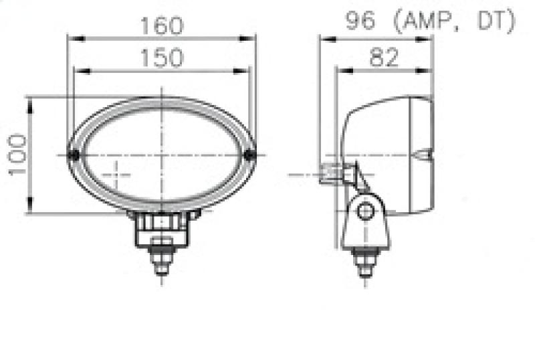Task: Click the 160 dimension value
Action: [x=161, y=25]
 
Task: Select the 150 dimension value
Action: [x=161, y=58]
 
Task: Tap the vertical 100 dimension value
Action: [x=17, y=154]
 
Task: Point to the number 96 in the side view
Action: [x=360, y=23]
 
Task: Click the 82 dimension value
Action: [x=383, y=58]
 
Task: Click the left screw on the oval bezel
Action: [x=75, y=155]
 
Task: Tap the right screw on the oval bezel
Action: [x=250, y=155]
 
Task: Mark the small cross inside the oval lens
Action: [x=118, y=175]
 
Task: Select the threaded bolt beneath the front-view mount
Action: [x=161, y=258]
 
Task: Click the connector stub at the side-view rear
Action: [x=330, y=174]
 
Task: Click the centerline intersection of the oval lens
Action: [x=161, y=155]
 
